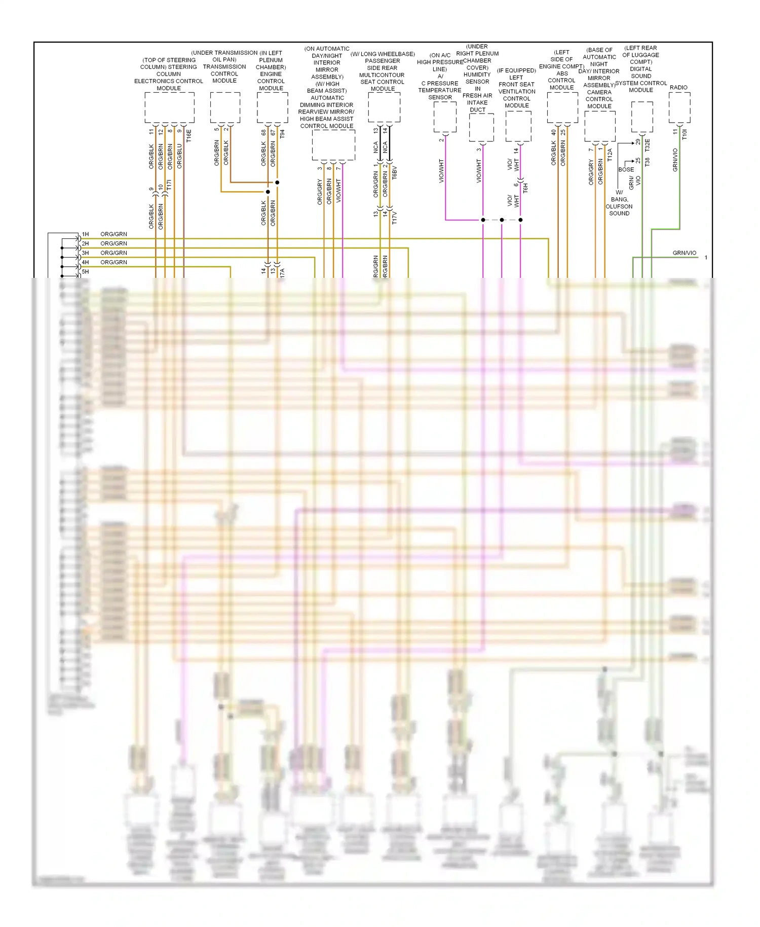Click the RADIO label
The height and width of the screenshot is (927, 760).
[x=678, y=87]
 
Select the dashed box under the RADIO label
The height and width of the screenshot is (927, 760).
[x=679, y=108]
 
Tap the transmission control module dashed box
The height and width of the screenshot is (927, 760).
[x=225, y=108]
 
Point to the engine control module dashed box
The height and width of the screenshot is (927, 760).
[x=272, y=108]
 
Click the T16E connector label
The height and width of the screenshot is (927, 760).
[x=189, y=135]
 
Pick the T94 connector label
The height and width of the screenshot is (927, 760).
[x=282, y=134]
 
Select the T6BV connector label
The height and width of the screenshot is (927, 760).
[x=395, y=172]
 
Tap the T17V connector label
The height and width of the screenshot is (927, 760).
[x=395, y=218]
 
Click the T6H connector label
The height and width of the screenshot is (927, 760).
[x=525, y=188]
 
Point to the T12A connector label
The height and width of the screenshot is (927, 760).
[x=610, y=155]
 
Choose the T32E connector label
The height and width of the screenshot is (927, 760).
[x=648, y=145]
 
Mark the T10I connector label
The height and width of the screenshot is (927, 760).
[x=685, y=134]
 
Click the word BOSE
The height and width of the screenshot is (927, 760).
[x=626, y=169]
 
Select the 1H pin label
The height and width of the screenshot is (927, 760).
[x=86, y=234]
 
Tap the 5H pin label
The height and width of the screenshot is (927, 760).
[x=86, y=272]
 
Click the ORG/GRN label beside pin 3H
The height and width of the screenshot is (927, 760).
[x=113, y=253]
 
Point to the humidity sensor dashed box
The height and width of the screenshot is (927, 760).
[x=481, y=127]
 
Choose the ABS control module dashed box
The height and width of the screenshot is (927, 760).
[x=562, y=108]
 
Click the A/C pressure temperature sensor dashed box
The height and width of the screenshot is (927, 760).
[x=445, y=117]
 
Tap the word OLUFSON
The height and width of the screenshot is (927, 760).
[x=619, y=206]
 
